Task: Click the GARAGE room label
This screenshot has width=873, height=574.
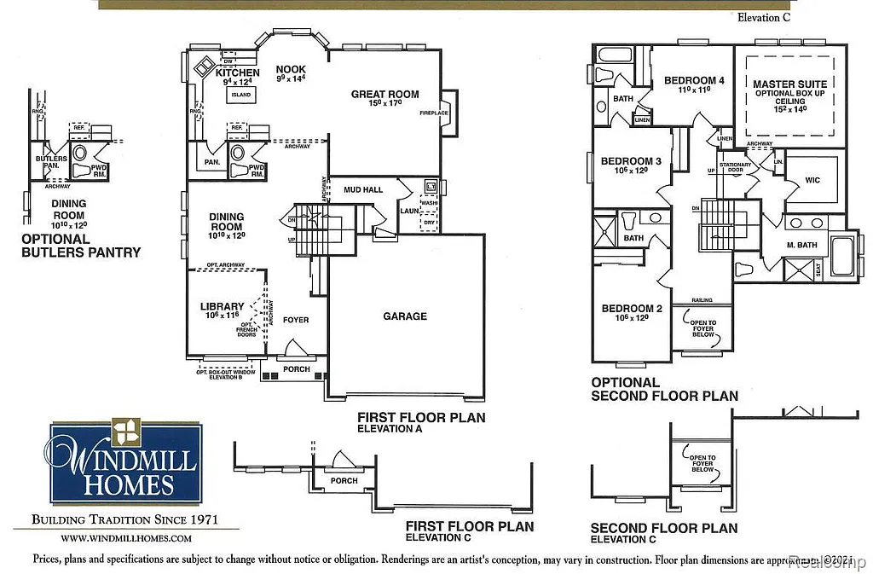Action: point(405,316)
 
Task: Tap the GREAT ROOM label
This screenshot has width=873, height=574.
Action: point(384,95)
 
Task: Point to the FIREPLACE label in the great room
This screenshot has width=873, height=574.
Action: point(434,113)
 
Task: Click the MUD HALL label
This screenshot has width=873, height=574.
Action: point(362,189)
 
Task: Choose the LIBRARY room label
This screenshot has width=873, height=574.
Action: point(222,306)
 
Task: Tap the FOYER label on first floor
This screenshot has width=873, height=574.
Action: point(295,320)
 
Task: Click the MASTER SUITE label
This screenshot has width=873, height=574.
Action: point(785,84)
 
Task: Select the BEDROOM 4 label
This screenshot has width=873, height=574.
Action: point(694,81)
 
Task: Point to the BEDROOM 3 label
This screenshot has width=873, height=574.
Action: point(631,161)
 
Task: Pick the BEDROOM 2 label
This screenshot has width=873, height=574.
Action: point(632,309)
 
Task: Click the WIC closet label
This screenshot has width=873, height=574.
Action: point(813,181)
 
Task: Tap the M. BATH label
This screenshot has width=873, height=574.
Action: point(803,246)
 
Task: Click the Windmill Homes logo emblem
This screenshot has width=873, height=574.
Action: point(126,432)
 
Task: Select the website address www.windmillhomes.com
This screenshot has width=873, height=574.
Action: point(126,538)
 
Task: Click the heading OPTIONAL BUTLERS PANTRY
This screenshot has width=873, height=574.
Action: point(81,246)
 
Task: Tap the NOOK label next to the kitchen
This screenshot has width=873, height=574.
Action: point(290,69)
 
